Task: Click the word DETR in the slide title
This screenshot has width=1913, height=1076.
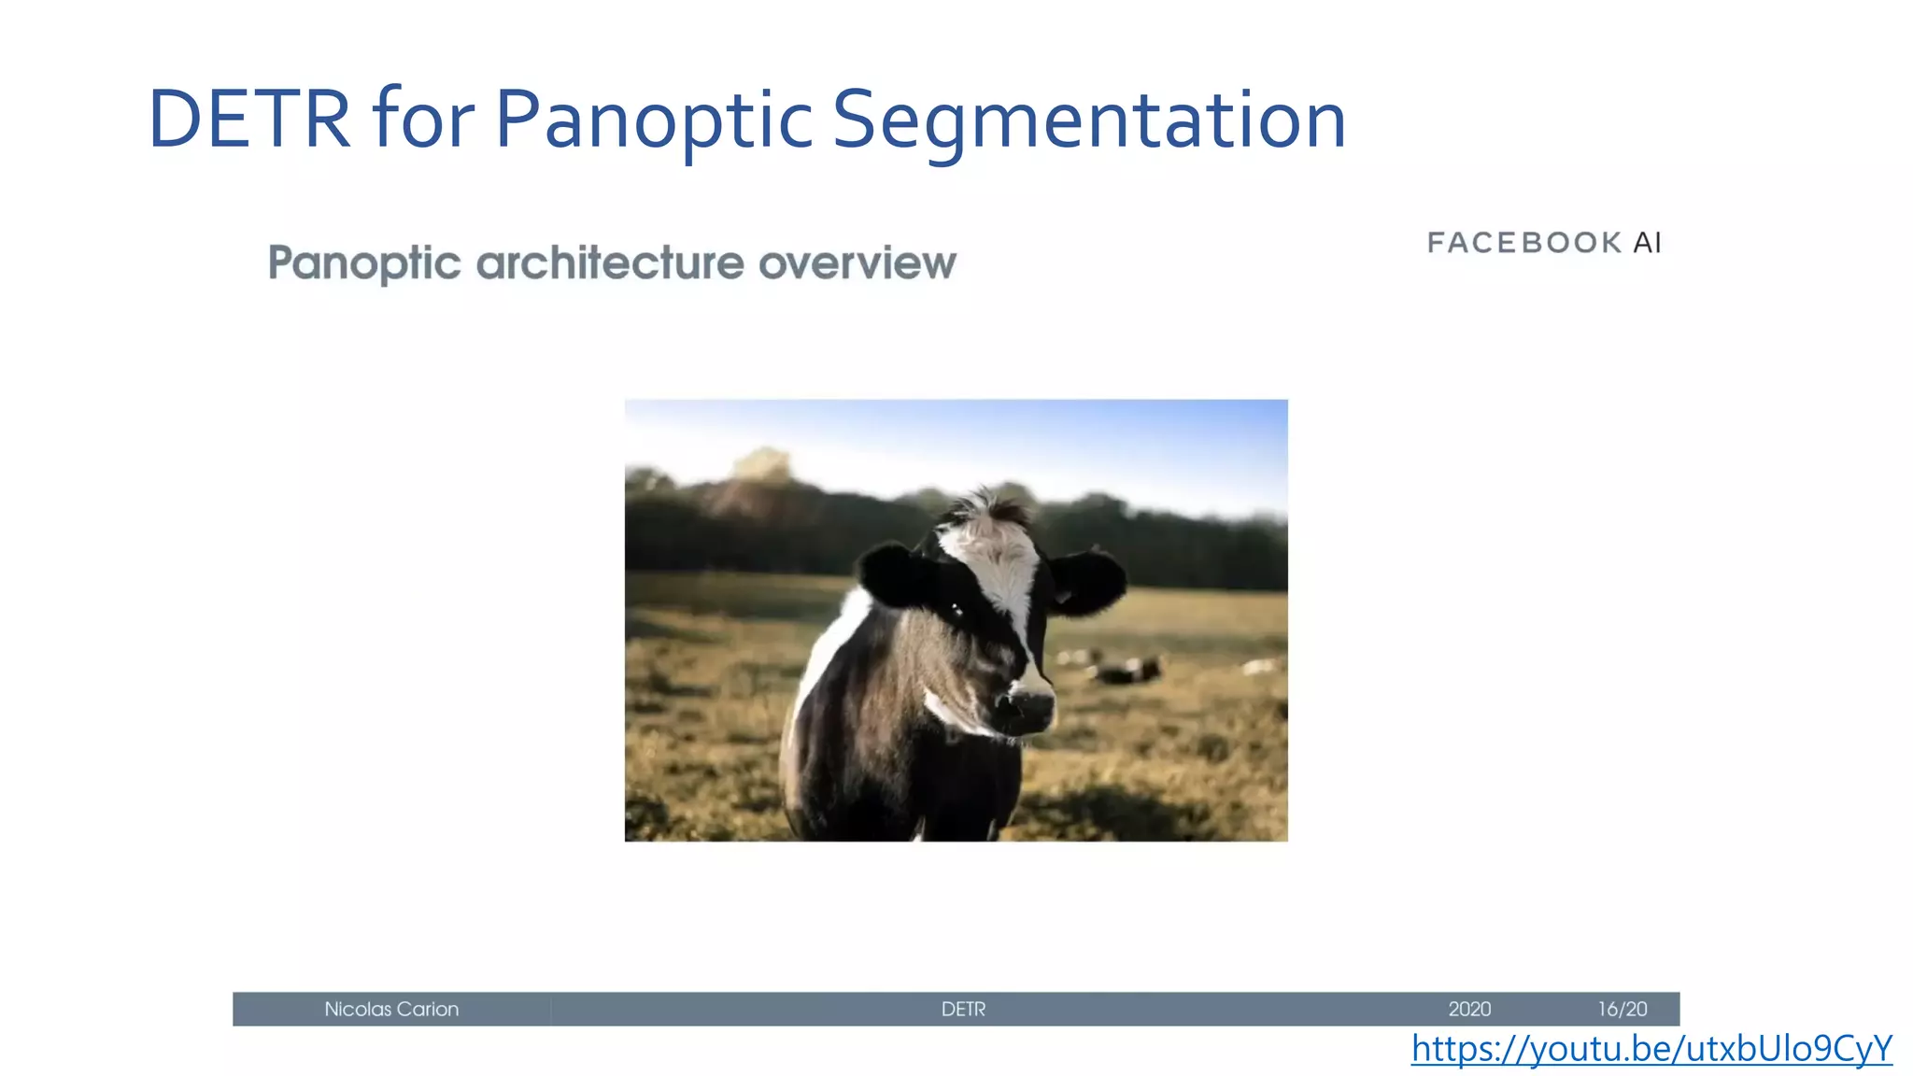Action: pos(248,120)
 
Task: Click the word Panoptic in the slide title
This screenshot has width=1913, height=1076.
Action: pos(654,120)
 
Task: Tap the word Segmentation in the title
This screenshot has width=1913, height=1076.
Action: pos(1089,120)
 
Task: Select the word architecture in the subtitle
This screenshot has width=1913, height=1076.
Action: pos(610,262)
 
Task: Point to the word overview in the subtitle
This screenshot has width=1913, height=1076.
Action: pos(857,262)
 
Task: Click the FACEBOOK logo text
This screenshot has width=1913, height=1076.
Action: pos(1524,243)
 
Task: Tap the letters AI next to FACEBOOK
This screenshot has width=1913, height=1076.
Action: pos(1648,243)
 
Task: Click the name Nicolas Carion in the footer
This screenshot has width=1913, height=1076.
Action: pos(391,1009)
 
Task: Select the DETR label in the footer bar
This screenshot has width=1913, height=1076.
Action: pos(963,1009)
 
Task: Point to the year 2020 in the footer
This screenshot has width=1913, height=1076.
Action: pos(1469,1009)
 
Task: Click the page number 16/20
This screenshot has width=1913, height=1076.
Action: pos(1623,1009)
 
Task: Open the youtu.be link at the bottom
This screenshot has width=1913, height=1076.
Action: pos(1651,1049)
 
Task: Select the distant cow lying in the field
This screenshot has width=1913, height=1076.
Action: pos(1128,669)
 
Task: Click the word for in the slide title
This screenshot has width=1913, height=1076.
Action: pos(423,120)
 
